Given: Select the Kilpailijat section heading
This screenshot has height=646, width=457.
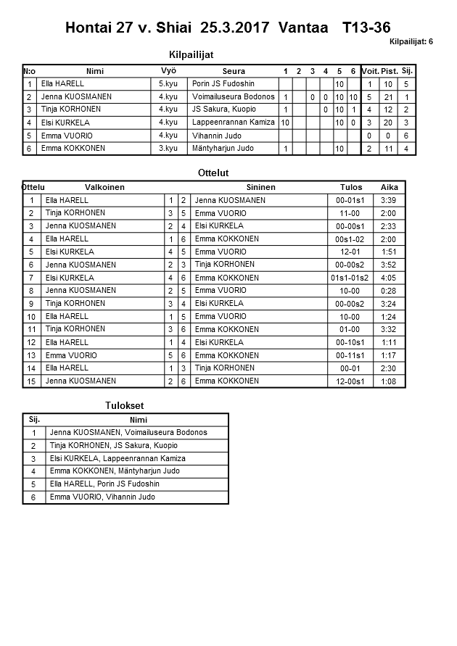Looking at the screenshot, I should click(191, 54).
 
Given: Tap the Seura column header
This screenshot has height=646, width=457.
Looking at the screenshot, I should click(234, 71).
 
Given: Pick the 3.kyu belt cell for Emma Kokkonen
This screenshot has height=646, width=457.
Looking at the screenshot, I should click(168, 148).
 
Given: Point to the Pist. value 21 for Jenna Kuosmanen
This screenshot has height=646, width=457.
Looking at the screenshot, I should click(389, 97).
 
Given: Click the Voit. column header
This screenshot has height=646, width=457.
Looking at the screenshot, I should click(370, 71).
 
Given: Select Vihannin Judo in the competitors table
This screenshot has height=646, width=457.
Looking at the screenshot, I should click(215, 136).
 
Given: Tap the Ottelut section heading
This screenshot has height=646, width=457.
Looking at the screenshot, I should click(213, 173).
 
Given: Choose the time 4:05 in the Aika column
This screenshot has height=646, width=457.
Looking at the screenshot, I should click(388, 278).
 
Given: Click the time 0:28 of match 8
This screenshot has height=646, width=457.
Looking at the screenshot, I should click(388, 291).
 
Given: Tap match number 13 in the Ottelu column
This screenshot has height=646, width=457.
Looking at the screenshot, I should click(31, 355).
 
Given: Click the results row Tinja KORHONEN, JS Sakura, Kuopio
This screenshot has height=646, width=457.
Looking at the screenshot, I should click(114, 446).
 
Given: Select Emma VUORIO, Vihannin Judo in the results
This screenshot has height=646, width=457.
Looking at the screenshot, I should click(102, 497).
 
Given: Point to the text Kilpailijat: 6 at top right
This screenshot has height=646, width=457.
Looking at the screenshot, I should click(411, 42).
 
